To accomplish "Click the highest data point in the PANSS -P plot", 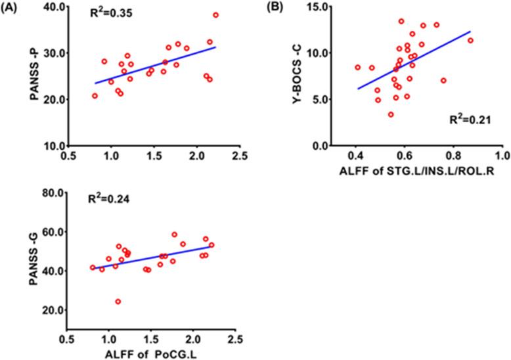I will [x=215, y=14].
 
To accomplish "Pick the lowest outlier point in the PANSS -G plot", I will [x=118, y=302].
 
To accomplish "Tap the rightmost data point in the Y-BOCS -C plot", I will [x=470, y=40].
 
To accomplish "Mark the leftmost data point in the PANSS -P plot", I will [x=95, y=96].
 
